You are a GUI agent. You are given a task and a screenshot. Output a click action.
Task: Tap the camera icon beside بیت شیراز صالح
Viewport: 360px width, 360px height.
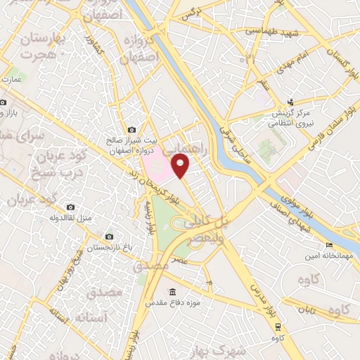tap(132, 129)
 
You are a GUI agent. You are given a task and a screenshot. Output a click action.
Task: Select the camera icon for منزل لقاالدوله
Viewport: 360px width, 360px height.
tap(70, 207)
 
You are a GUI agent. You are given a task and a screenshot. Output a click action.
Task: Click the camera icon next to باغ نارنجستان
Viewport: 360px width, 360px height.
tap(108, 237)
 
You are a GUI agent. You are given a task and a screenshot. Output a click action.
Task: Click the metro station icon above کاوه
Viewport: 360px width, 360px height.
tap(278, 326)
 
